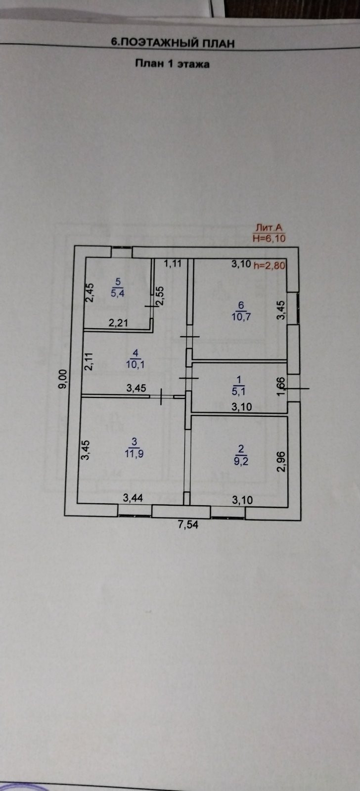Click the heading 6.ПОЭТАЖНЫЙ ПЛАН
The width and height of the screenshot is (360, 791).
pyautogui.click(x=173, y=43)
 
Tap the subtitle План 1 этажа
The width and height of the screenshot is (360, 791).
pyautogui.click(x=172, y=64)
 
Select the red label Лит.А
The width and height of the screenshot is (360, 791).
pyautogui.click(x=269, y=228)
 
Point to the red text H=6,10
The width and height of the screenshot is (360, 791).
pyautogui.click(x=269, y=238)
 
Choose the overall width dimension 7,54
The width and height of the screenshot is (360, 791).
pyautogui.click(x=187, y=525)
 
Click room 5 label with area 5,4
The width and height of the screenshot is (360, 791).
pyautogui.click(x=118, y=287)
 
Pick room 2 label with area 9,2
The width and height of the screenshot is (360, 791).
pyautogui.click(x=241, y=454)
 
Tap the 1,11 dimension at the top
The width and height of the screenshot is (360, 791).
pyautogui.click(x=173, y=264)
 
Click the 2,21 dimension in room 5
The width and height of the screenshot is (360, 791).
pyautogui.click(x=119, y=323)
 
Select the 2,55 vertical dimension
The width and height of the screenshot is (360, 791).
pyautogui.click(x=160, y=296)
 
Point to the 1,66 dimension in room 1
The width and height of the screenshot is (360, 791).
pyautogui.click(x=280, y=386)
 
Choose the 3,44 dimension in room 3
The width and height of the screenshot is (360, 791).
pyautogui.click(x=133, y=498)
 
